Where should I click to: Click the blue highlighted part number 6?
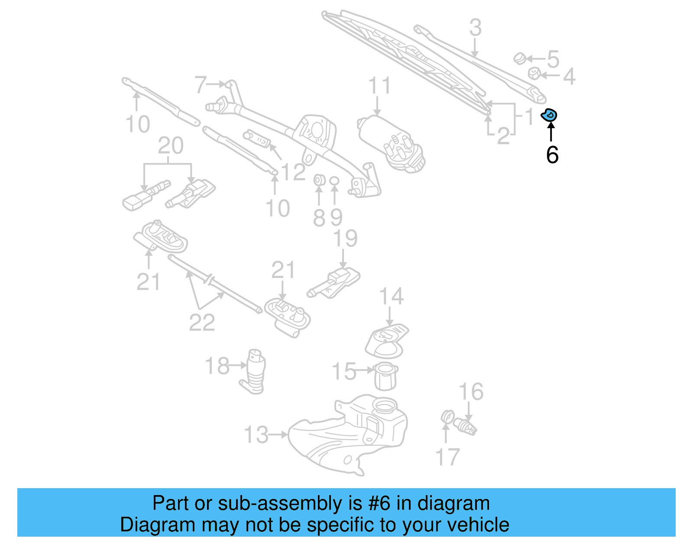click(x=549, y=115)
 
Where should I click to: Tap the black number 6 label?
click(x=552, y=155)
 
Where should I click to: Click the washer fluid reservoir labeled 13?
click(x=346, y=435)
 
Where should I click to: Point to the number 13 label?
click(x=256, y=434)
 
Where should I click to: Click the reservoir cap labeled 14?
click(x=386, y=340)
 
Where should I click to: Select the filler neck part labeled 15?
click(x=385, y=376)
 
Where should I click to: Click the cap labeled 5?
click(x=520, y=58)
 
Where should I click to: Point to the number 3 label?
click(x=475, y=28)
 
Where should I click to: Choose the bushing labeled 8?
click(x=319, y=179)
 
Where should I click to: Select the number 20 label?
click(x=170, y=146)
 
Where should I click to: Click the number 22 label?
click(x=202, y=322)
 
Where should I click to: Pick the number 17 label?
click(x=447, y=457)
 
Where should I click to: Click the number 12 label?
click(x=293, y=172)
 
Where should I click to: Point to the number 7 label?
click(x=201, y=84)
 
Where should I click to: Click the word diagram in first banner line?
click(x=453, y=504)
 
